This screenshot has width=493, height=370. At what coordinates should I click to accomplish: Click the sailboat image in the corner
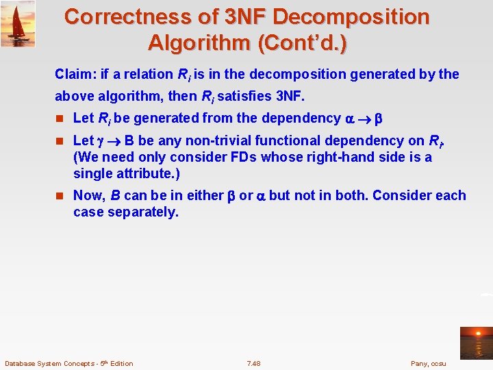click(18, 23)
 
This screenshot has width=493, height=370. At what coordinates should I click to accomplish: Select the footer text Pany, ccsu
click(428, 363)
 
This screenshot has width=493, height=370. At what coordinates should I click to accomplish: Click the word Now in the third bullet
click(88, 196)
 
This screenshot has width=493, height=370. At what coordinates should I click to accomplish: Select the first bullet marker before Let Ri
click(60, 119)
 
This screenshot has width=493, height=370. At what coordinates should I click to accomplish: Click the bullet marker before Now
click(60, 196)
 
